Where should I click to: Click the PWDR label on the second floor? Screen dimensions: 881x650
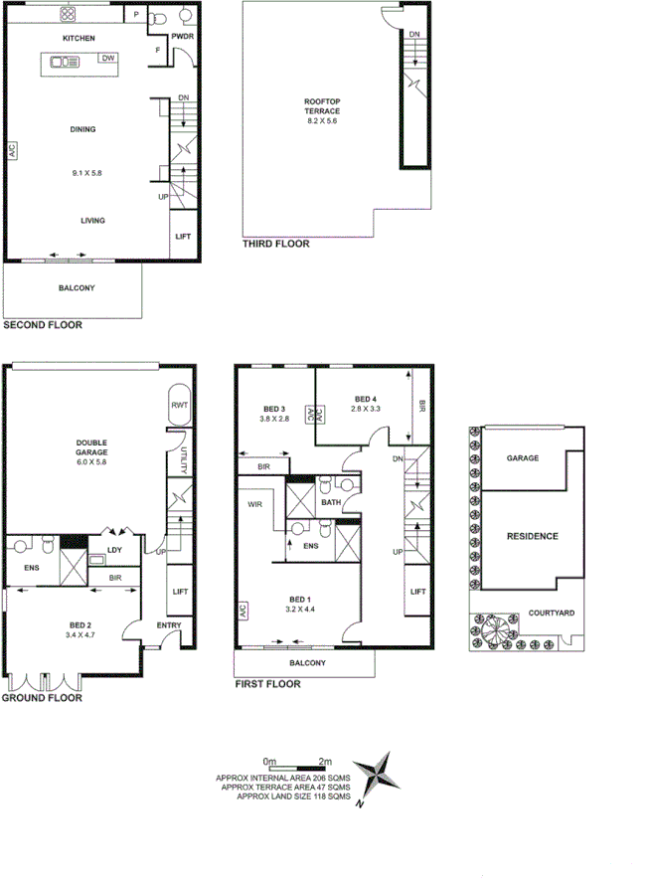[x=181, y=37]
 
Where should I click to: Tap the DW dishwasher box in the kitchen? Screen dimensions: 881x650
[x=106, y=59]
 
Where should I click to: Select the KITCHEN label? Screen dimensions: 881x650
[x=79, y=38]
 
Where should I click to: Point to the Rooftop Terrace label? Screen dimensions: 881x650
[x=322, y=106]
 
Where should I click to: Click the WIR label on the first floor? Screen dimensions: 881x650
[x=254, y=504]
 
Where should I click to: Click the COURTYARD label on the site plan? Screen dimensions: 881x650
[x=549, y=614]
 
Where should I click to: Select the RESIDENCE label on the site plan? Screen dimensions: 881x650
[x=532, y=537]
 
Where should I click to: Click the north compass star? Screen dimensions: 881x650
[x=381, y=777]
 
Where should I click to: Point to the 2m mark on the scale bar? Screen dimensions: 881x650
[x=325, y=762]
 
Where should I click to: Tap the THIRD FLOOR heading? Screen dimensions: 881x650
[x=276, y=244]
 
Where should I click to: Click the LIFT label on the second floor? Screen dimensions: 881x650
[x=183, y=237]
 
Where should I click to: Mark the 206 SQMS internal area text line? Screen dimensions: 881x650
[x=283, y=778]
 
